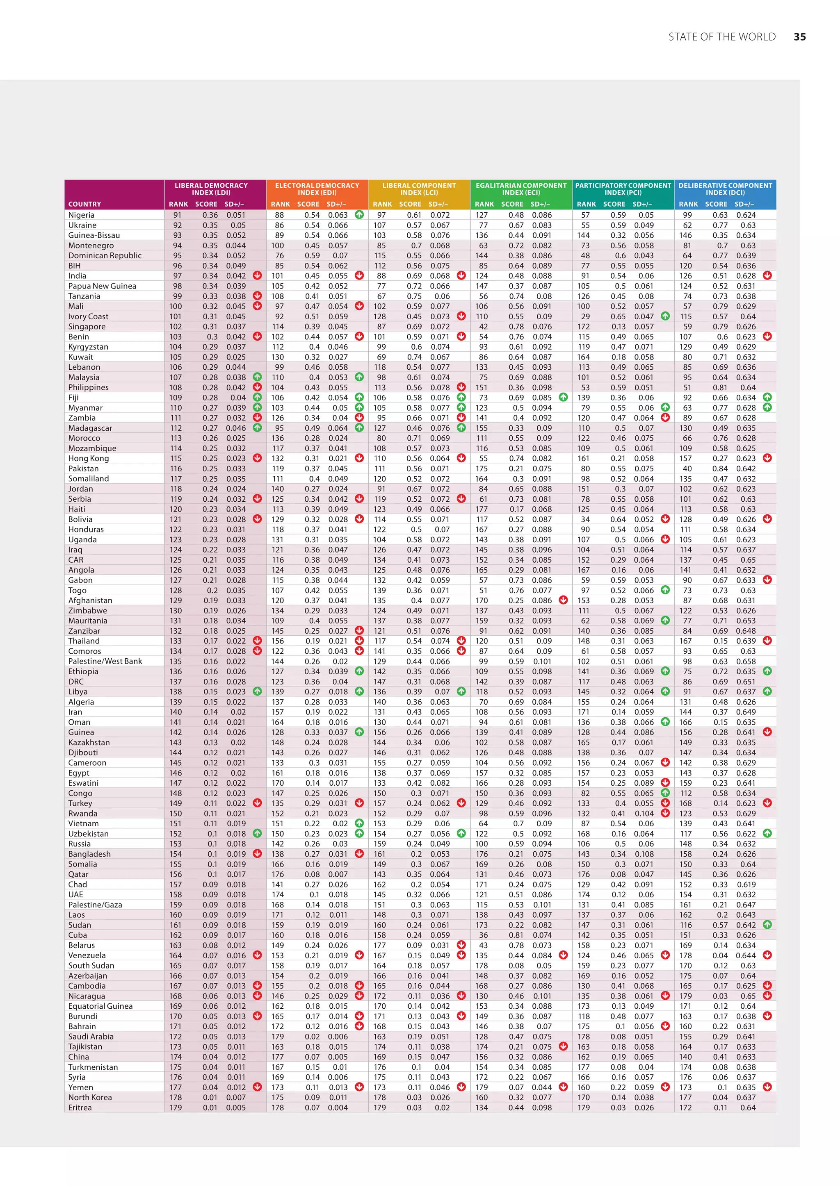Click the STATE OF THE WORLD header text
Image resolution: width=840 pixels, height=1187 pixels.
click(721, 37)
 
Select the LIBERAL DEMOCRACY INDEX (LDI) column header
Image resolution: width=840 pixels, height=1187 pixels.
click(211, 189)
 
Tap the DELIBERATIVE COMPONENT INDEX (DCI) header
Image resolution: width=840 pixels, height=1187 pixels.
click(725, 189)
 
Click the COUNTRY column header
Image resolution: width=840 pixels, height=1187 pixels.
click(85, 204)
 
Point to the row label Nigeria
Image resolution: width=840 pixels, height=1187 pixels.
click(81, 215)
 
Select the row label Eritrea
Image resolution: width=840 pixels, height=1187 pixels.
click(80, 1107)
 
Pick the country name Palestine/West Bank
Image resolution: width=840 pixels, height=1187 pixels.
click(105, 661)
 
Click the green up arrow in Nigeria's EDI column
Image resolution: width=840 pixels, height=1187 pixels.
click(359, 214)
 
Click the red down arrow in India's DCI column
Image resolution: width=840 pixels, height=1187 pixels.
click(767, 275)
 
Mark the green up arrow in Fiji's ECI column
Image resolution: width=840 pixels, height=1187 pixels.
click(563, 397)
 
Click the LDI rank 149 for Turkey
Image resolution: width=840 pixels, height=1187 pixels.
click(176, 803)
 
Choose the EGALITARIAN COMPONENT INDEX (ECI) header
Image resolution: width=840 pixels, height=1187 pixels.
click(521, 189)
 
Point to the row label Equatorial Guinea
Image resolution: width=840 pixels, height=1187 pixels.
click(100, 1006)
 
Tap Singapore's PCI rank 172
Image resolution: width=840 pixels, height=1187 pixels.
click(584, 327)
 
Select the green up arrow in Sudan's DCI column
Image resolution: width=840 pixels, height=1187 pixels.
click(767, 924)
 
